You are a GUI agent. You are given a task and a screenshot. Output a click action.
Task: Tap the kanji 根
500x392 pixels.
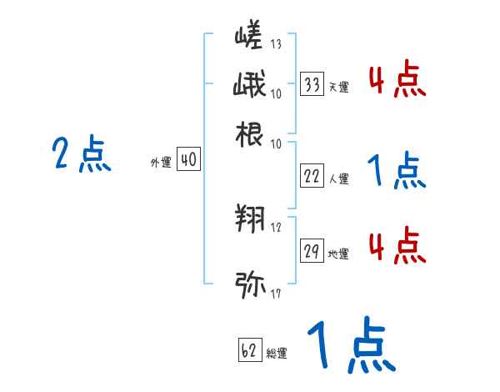(250, 134)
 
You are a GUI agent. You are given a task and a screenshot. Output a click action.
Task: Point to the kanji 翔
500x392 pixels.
(250, 219)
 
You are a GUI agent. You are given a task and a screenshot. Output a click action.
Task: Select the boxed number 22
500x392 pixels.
(312, 176)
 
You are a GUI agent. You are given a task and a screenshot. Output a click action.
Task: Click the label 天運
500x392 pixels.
(338, 87)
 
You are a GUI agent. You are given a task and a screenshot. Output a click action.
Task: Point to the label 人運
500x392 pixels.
(338, 178)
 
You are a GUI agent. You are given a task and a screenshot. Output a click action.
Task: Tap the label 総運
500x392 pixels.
(277, 354)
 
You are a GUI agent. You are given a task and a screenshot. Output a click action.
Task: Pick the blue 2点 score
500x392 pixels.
(82, 155)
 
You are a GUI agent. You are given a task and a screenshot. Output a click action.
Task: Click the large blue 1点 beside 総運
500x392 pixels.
(350, 346)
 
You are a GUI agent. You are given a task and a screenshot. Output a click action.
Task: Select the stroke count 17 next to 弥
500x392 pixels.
(275, 293)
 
